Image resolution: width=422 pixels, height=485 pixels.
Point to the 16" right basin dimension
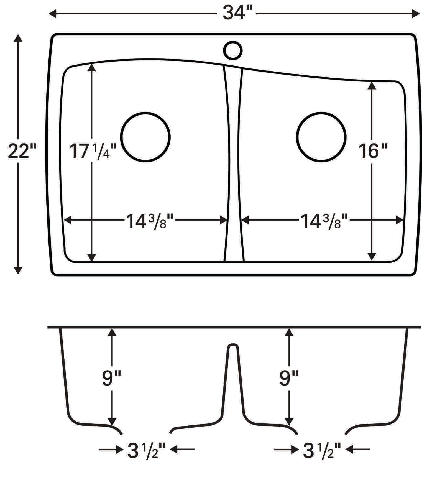[373, 152]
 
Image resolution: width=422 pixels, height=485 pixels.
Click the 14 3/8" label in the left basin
[150, 221]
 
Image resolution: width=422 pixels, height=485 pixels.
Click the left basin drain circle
[145, 137]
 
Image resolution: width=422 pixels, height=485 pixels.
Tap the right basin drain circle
[321, 137]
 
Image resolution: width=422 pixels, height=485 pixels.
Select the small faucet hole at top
[233, 50]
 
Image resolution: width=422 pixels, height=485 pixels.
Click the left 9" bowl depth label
[111, 379]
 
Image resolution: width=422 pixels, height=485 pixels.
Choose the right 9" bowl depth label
[288, 379]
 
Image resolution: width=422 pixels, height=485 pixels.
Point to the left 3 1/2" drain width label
[146, 450]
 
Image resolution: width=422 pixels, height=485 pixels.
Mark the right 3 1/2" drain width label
[321, 450]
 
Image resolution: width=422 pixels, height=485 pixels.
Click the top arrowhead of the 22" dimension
[18, 38]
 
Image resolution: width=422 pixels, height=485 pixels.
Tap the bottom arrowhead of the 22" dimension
[18, 270]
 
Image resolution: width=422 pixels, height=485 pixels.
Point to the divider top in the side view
[233, 345]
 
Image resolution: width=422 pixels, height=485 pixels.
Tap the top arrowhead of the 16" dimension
[372, 85]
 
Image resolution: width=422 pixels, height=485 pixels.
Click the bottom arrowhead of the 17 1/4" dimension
[91, 258]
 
